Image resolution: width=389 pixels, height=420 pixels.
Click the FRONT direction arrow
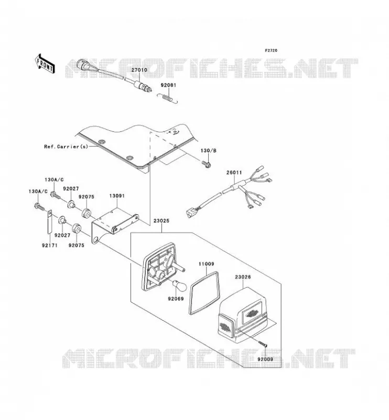coord(45,64)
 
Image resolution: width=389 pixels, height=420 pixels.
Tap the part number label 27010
coord(139,70)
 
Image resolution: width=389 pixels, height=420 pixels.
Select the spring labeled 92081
coord(167,98)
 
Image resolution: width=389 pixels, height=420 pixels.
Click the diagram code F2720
coord(271,50)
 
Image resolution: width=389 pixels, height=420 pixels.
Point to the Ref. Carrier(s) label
coord(66,146)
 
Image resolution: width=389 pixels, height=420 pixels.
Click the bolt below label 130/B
coord(206,164)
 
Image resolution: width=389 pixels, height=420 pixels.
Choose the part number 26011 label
coord(234,173)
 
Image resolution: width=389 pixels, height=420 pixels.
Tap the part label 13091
coord(117,196)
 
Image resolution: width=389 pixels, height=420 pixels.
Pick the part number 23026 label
coord(243,277)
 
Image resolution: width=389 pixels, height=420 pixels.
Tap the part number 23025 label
coord(161,221)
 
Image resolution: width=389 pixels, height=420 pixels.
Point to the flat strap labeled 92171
coord(50,222)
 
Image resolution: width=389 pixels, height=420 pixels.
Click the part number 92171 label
coord(49,245)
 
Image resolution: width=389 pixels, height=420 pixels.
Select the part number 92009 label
coord(265,359)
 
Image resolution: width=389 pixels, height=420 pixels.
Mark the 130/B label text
coord(209,151)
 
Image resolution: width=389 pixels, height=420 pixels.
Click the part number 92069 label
coord(176,298)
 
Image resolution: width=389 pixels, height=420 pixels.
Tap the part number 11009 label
coord(206,264)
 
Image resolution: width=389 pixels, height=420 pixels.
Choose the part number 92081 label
coord(168,85)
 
